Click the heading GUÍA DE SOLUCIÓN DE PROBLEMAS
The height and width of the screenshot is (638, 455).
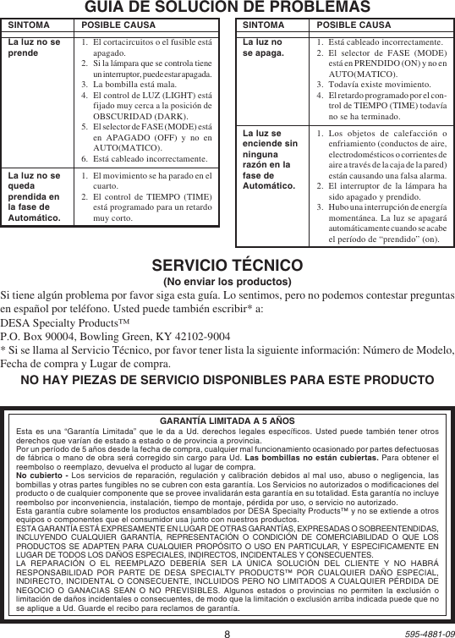click(x=227, y=7)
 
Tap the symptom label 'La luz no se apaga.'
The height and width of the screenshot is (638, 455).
click(x=263, y=47)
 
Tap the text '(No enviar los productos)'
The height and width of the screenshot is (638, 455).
click(x=227, y=281)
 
